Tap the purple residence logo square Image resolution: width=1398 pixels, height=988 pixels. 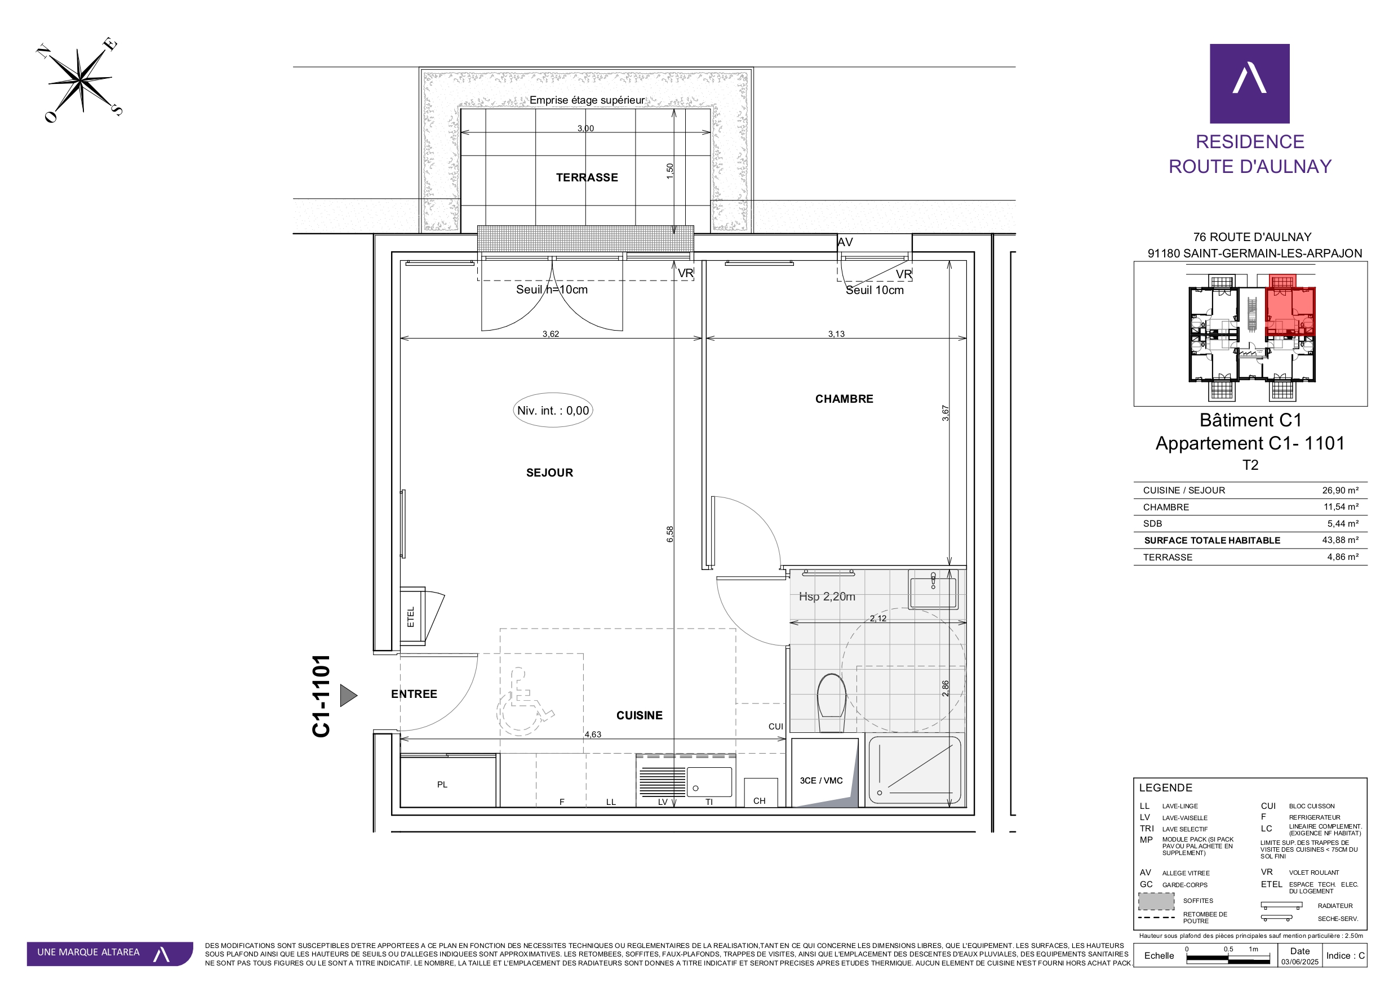(x=1249, y=83)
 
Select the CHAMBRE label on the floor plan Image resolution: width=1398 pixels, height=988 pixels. (x=844, y=399)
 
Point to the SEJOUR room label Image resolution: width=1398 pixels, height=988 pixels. (x=549, y=473)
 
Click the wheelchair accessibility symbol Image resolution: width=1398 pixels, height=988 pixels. (x=523, y=702)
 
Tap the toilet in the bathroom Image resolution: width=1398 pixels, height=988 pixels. (x=831, y=702)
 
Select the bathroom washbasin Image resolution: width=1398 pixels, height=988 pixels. (x=933, y=589)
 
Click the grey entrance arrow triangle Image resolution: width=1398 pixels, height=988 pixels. (x=348, y=695)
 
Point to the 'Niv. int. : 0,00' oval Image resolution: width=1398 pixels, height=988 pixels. (x=553, y=410)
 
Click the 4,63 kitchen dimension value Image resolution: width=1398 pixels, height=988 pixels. (x=592, y=734)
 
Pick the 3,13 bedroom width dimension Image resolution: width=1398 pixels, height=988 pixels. (x=836, y=333)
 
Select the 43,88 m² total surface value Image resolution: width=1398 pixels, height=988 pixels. (x=1340, y=540)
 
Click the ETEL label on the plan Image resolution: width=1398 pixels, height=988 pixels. (x=410, y=617)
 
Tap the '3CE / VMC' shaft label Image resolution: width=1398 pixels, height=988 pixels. (x=821, y=780)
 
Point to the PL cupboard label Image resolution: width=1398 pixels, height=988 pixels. (x=442, y=785)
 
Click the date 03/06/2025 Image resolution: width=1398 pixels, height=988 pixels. (x=1299, y=962)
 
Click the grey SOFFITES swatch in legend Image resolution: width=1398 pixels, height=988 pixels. (x=1156, y=901)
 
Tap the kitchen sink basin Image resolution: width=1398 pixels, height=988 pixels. (x=709, y=782)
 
